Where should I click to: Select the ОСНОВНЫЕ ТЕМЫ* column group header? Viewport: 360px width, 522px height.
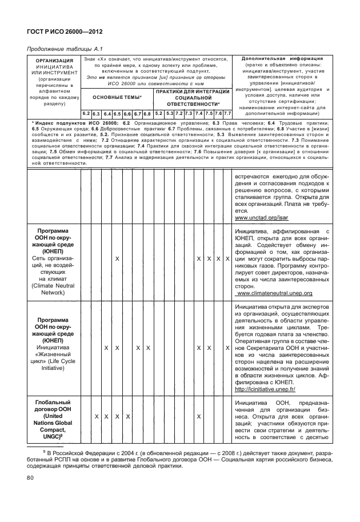click(117, 98)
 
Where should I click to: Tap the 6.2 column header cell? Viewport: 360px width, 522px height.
click(86, 114)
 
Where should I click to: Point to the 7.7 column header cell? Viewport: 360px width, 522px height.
click(227, 114)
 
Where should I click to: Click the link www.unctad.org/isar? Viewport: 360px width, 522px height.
click(255, 218)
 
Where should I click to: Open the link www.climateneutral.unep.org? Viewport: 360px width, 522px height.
click(274, 293)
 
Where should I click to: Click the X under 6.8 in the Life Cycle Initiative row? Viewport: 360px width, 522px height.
click(148, 347)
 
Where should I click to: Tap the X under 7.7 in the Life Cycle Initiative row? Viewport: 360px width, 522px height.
click(227, 347)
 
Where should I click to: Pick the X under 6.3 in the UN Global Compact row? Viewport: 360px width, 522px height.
click(96, 416)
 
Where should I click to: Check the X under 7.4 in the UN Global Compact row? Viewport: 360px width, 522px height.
click(198, 416)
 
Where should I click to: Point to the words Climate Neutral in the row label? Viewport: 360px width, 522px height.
click(50, 284)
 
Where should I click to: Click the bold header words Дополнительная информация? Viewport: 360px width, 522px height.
click(282, 58)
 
